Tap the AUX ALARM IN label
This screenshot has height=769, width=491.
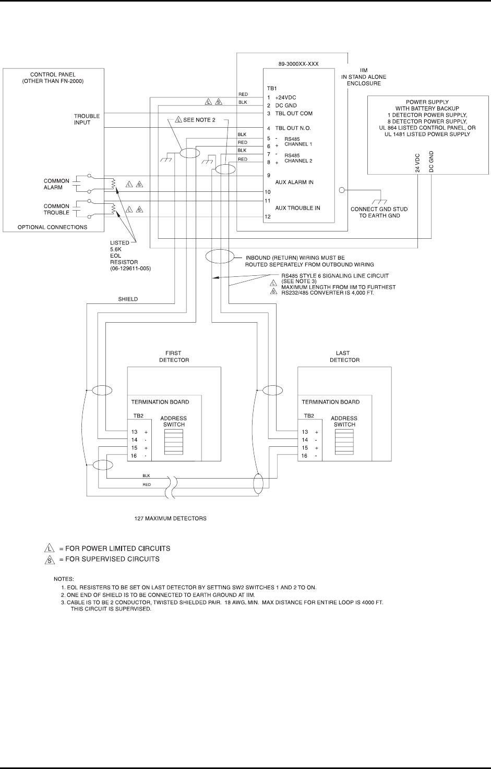pyautogui.click(x=297, y=182)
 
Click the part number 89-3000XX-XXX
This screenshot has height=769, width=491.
pyautogui.click(x=298, y=64)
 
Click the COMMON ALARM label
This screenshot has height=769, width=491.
pyautogui.click(x=56, y=184)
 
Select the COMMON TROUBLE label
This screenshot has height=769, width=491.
pyautogui.click(x=56, y=210)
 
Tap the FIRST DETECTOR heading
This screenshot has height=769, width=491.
pyautogui.click(x=174, y=357)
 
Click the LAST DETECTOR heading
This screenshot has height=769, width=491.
pyautogui.click(x=344, y=357)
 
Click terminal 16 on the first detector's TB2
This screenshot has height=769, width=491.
pyautogui.click(x=134, y=456)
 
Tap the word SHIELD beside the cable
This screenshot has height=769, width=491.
pyautogui.click(x=127, y=299)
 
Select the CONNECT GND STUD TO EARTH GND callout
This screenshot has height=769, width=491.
pyautogui.click(x=379, y=212)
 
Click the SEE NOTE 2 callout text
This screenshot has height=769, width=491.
pyautogui.click(x=196, y=120)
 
